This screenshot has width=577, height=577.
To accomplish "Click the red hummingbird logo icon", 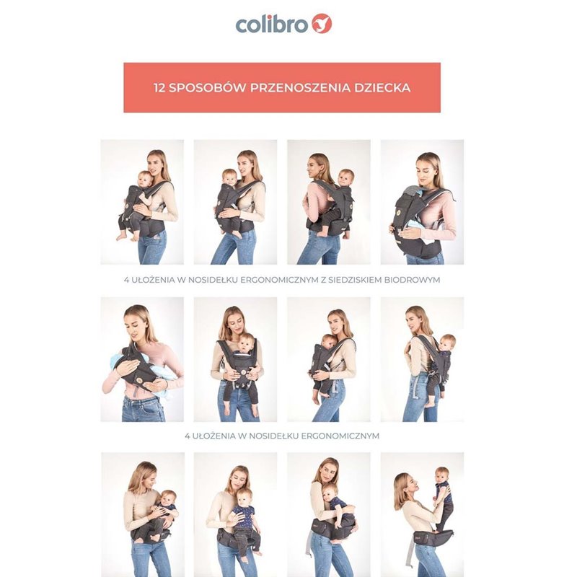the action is point(322,24).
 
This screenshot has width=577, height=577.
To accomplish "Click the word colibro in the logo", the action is point(272,25).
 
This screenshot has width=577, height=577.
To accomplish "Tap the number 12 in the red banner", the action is point(159,88).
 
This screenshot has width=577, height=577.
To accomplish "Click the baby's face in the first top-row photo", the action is point(144,180).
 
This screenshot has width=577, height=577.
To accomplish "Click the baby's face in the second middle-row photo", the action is point(245,346).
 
